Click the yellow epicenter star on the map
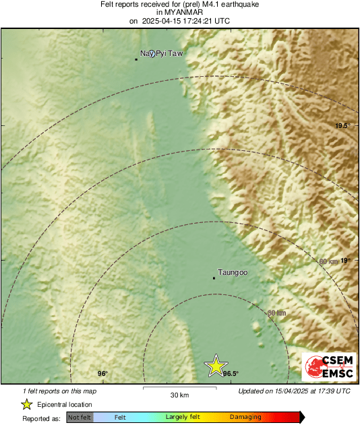tap(216, 365)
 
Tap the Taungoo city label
tap(233, 273)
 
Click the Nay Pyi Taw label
tap(161, 53)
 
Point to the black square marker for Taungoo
tap(214, 277)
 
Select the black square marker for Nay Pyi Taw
tap(136, 59)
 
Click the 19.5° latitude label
tap(344, 126)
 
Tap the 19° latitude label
tap(346, 261)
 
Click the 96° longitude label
tap(102, 374)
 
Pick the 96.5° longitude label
tap(231, 374)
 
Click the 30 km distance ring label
tap(276, 313)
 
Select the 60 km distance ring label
tap(328, 261)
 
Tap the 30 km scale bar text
tap(179, 395)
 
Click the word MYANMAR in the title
tap(179, 13)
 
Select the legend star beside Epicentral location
tap(27, 404)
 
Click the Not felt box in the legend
tap(80, 418)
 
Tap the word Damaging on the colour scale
tap(245, 418)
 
